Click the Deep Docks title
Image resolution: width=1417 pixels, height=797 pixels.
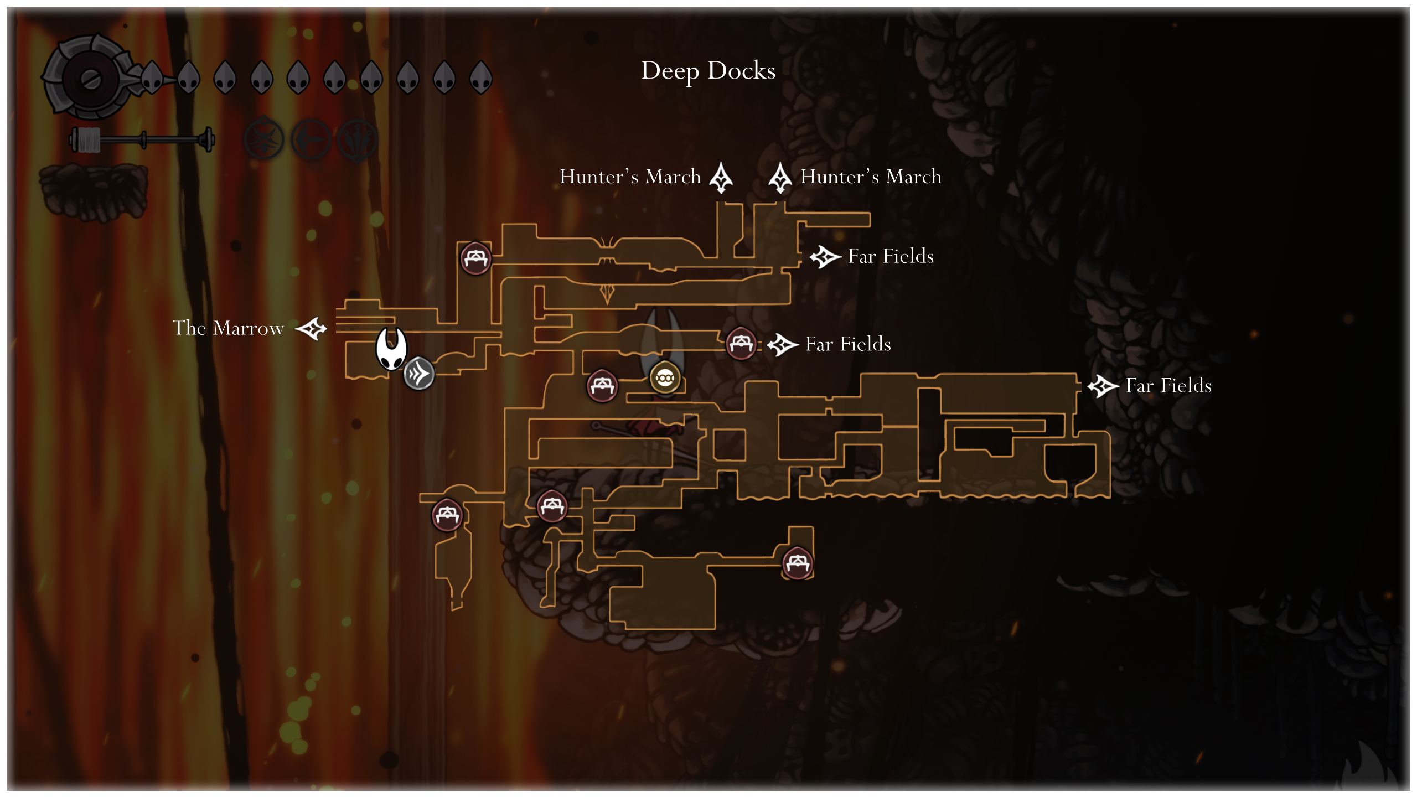click(x=708, y=71)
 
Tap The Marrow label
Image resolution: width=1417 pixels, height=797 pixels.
click(x=228, y=328)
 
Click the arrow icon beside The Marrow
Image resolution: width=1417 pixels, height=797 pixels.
click(x=312, y=329)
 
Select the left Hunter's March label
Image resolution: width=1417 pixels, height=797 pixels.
click(x=630, y=177)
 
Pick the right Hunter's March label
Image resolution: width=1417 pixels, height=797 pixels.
click(x=871, y=177)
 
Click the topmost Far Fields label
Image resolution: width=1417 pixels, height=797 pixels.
click(x=891, y=256)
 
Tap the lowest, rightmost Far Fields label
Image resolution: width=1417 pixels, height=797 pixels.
click(x=1168, y=386)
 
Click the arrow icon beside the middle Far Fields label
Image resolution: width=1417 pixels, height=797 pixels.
click(x=783, y=345)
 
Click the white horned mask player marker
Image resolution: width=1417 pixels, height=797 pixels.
click(x=391, y=348)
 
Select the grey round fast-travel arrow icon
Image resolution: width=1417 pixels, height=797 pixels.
click(x=418, y=374)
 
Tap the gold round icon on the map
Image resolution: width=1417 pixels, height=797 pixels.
click(x=665, y=377)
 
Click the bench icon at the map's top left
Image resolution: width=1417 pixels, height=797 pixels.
click(x=475, y=258)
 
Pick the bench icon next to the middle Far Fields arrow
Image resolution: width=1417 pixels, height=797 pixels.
click(x=741, y=344)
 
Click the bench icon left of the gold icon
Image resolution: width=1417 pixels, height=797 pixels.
click(x=602, y=385)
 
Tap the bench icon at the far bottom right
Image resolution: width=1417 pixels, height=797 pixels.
click(x=797, y=563)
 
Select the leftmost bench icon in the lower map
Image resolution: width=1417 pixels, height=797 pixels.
click(x=447, y=515)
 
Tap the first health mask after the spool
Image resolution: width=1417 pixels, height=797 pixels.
click(x=152, y=77)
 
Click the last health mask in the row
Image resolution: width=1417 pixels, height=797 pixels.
click(x=480, y=77)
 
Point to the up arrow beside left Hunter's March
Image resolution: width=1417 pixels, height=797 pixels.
click(x=721, y=178)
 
